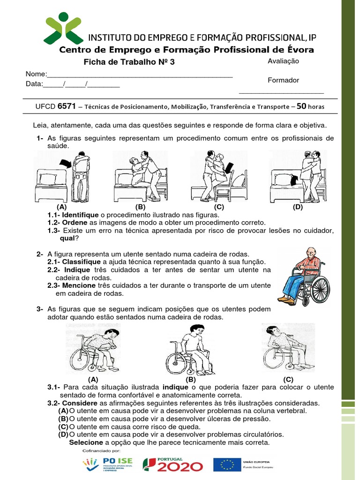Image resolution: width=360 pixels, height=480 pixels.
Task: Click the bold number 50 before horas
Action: pos(302,106)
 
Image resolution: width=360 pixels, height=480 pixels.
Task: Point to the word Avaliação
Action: pos(283,61)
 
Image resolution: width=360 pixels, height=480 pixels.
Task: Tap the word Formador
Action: pos(283,80)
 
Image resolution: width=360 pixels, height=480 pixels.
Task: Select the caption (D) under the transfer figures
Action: pos(298,207)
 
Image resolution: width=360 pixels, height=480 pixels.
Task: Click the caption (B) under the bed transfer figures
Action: pos(140,207)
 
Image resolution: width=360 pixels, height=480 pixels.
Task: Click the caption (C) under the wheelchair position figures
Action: pos(288,379)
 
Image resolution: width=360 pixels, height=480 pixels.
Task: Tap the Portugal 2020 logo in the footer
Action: pos(173,465)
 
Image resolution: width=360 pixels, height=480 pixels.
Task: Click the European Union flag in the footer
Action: pos(227,465)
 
